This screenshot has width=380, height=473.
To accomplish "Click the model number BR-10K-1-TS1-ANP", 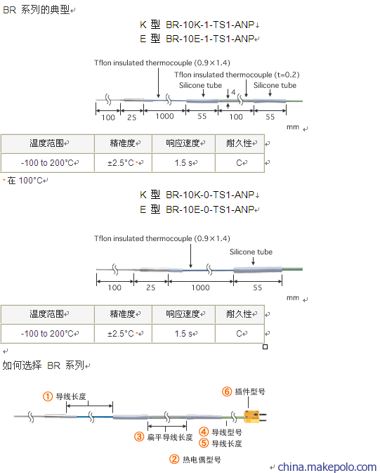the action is [210, 25].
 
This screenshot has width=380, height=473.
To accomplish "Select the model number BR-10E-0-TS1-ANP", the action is [210, 209].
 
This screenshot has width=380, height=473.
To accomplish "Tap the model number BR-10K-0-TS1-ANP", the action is [210, 195].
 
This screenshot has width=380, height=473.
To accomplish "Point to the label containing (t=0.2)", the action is [237, 74].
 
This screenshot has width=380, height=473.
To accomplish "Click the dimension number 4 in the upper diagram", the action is [233, 92].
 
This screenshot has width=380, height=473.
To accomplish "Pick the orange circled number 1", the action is [48, 396].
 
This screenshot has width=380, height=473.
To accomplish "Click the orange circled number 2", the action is [174, 460].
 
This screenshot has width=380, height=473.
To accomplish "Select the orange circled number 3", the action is [139, 436].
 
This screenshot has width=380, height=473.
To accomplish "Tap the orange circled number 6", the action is [227, 391].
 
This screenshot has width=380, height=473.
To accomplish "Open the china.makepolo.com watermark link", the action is [327, 467].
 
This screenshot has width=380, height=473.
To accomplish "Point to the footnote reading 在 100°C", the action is [25, 181].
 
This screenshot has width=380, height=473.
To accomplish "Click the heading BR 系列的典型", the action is [37, 10].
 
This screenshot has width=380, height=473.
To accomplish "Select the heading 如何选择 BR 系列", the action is [43, 365].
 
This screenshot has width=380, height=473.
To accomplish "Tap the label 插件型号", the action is [250, 391].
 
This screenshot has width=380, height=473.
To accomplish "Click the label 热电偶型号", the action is [202, 460].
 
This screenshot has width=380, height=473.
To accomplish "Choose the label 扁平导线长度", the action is [170, 436].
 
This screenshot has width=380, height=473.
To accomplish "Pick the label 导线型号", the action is [227, 432].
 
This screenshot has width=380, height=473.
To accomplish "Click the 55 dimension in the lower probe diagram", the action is [257, 287].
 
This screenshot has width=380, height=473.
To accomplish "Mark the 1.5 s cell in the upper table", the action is [183, 163].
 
